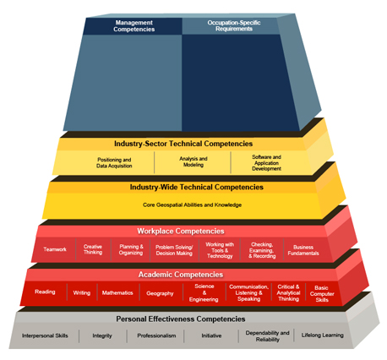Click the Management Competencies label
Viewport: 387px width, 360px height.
(134, 26)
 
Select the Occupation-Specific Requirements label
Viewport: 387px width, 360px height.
(234, 25)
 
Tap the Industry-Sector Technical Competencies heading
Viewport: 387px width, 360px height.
(183, 144)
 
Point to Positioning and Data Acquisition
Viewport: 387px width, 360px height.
(114, 163)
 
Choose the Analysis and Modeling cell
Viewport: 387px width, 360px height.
(193, 161)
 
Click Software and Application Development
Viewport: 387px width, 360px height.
(266, 163)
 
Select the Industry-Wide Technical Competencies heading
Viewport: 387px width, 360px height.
(197, 188)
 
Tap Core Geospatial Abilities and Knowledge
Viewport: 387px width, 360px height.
(192, 205)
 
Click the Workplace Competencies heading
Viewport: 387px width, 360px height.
(181, 232)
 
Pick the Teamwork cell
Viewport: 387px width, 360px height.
(55, 249)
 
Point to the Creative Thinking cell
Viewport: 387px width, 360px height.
(93, 249)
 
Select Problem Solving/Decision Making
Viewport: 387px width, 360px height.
(174, 250)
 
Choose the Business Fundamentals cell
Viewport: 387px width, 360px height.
(303, 250)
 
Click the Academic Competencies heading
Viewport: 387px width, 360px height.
(181, 275)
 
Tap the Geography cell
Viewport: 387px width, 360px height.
(160, 293)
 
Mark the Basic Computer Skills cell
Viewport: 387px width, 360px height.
(322, 294)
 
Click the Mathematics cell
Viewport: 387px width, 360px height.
(117, 293)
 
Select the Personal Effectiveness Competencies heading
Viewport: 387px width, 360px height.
(181, 319)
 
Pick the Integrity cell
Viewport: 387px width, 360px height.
(102, 335)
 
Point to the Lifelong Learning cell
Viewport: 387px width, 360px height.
(323, 335)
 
